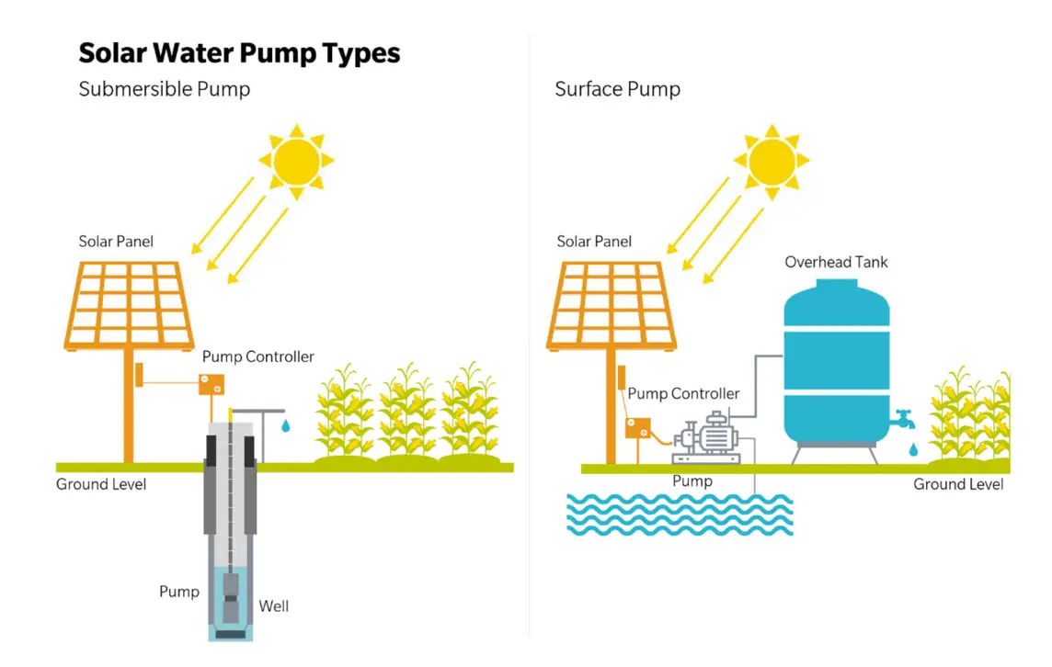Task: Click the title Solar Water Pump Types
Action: point(239,53)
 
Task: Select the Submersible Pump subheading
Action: point(164,89)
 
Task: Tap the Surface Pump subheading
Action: point(617,89)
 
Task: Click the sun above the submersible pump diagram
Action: point(294,161)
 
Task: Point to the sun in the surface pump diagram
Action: point(771,161)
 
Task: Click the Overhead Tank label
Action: point(836,262)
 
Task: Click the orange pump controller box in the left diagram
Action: point(212,384)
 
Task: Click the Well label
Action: point(273,605)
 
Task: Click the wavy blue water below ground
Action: point(679,514)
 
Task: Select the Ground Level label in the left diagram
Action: point(101,484)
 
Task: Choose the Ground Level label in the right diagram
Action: point(958,484)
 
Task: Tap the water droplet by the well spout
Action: point(285,426)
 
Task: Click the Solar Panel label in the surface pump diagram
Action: point(594,242)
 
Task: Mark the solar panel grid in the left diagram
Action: point(129,303)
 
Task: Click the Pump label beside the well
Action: point(178,591)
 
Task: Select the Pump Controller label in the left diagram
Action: point(257,356)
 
